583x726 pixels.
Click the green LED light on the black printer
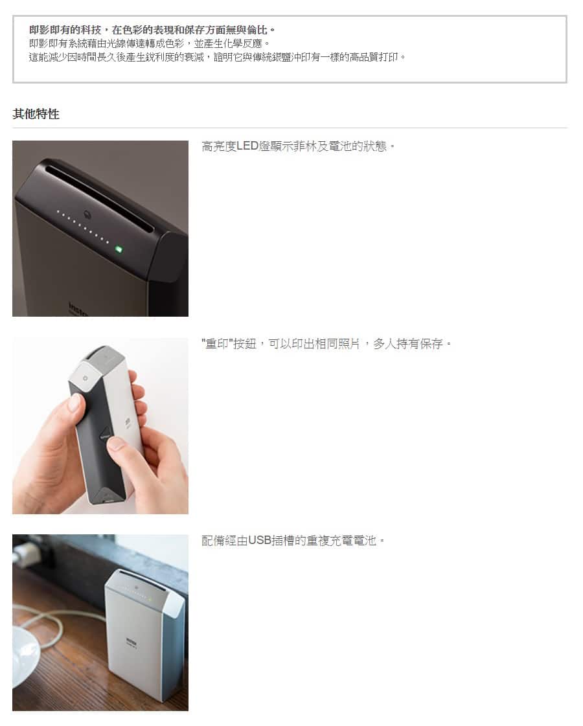point(119,249)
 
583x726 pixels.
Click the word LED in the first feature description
point(247,146)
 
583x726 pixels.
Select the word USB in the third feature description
point(259,540)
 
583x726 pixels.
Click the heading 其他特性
point(36,114)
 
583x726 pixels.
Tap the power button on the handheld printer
point(86,378)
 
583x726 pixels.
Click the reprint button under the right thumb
point(106,435)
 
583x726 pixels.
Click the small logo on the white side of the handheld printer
point(127,422)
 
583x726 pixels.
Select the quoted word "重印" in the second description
point(217,343)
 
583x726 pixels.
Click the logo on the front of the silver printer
point(131,641)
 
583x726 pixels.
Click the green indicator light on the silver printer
point(150,600)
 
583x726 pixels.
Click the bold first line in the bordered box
point(152,30)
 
